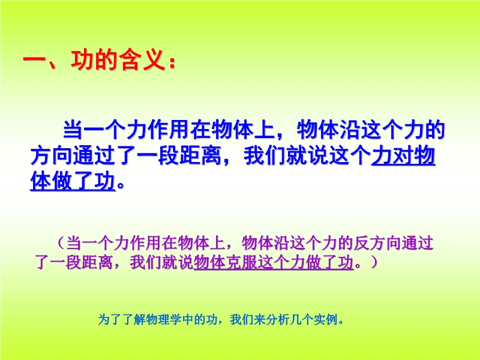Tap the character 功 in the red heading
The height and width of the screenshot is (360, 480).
point(82,59)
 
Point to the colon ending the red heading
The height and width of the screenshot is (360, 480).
point(172,61)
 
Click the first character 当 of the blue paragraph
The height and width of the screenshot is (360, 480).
point(73,130)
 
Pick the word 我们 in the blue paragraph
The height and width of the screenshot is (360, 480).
point(265,155)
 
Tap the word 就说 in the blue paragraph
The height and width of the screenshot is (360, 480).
point(307,155)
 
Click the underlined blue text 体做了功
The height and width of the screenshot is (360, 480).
point(73,181)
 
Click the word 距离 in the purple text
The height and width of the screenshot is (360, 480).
point(98,262)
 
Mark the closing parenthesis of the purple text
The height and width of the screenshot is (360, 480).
point(374,262)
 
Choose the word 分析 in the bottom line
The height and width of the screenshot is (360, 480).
point(278,320)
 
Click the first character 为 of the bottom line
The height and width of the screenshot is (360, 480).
point(104,320)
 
